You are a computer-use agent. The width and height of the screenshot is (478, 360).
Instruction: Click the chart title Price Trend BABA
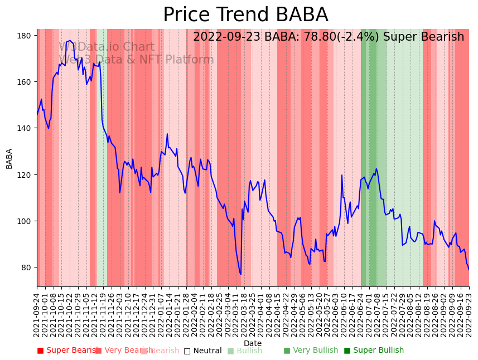pos(245,15)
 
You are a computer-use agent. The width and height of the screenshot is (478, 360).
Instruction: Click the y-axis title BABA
pos(9,158)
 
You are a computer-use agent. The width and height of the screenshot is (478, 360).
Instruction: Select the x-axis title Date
pos(253,343)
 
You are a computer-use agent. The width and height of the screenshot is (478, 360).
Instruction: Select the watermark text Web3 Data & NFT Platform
pos(136,60)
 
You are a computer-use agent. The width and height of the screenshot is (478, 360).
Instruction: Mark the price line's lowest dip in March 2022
pos(241,274)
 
